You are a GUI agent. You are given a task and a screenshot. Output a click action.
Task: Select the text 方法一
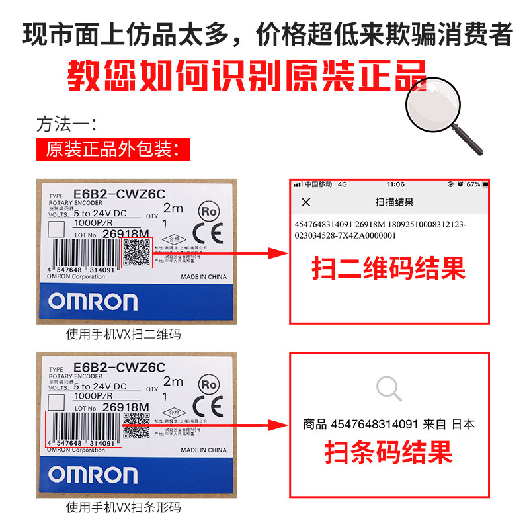tap(66, 124)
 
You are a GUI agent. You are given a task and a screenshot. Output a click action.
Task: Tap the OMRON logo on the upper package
tap(93, 302)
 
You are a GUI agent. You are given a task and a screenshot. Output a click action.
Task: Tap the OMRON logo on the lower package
tap(93, 475)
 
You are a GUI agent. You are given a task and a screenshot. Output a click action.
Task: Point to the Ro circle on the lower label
tap(208, 384)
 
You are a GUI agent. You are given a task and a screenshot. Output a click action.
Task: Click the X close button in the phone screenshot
tap(305, 202)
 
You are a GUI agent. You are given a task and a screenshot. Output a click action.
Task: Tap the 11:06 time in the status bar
tap(396, 184)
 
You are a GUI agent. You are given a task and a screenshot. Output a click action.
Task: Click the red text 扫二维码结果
tap(389, 268)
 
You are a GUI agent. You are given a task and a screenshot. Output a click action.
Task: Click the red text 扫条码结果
tap(389, 453)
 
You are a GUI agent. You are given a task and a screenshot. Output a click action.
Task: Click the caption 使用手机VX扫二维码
tap(123, 335)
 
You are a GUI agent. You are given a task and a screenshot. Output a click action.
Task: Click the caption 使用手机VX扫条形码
tap(123, 508)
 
